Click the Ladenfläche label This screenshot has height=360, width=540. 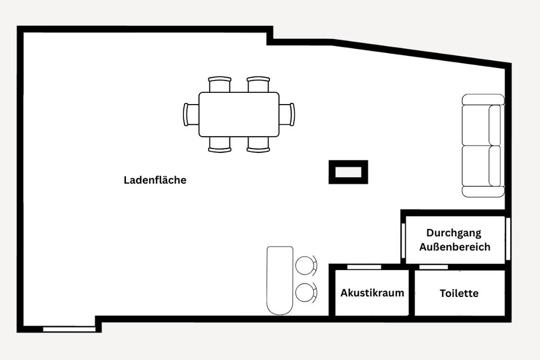tap(155, 181)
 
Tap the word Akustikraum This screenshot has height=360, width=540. tap(372, 293)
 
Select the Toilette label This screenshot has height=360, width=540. tap(459, 293)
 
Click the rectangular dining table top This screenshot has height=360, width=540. tap(239, 114)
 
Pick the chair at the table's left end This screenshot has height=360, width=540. tap(191, 114)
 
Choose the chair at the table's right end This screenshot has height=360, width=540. tap(287, 114)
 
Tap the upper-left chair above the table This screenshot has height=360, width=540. tap(219, 84)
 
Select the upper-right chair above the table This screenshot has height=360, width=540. tap(259, 84)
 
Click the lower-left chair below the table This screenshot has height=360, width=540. tap(219, 144)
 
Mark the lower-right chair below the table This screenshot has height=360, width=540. tap(259, 144)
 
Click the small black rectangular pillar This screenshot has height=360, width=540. tap(348, 172)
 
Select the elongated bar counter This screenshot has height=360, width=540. tap(280, 280)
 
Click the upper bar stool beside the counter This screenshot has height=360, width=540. tap(306, 265)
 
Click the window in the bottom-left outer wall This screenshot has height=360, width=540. tap(70, 328)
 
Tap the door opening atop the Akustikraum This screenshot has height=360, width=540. tap(364, 267)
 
